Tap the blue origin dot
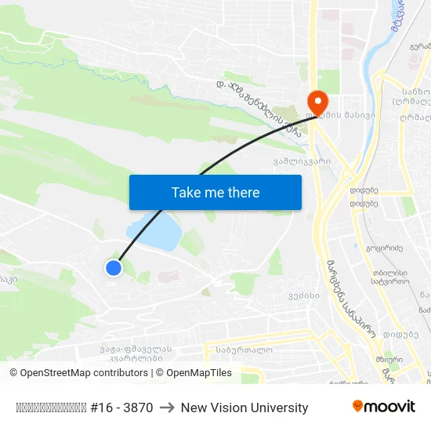pos(114,268)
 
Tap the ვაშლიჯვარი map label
pos(302,161)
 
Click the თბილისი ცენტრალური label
pos(389,275)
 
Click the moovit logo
pos(384,407)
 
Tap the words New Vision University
pos(244,407)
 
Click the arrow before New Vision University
pos(166,407)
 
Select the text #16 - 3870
pos(121,407)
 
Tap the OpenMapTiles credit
pos(199,373)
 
